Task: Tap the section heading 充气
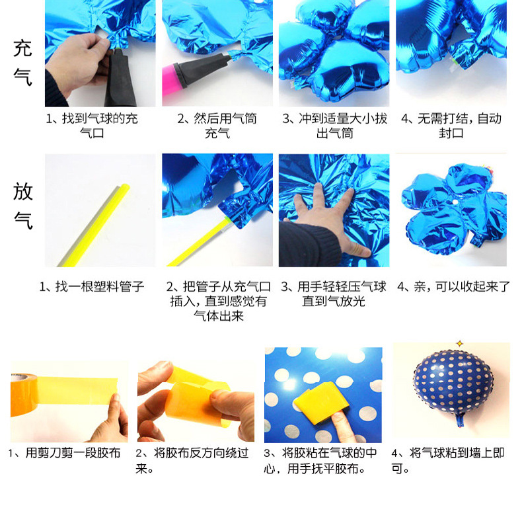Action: pyautogui.click(x=23, y=62)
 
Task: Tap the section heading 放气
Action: pyautogui.click(x=23, y=205)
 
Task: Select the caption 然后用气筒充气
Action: pyautogui.click(x=217, y=126)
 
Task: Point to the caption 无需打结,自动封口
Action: pyautogui.click(x=451, y=126)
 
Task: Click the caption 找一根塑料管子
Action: pyautogui.click(x=92, y=287)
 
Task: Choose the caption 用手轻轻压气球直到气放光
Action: pyautogui.click(x=333, y=294)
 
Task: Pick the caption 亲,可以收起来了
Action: pyautogui.click(x=454, y=287)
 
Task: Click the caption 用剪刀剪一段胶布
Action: pyautogui.click(x=65, y=454)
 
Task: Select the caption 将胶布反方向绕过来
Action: pyautogui.click(x=192, y=461)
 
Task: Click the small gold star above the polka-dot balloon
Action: pyautogui.click(x=459, y=343)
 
